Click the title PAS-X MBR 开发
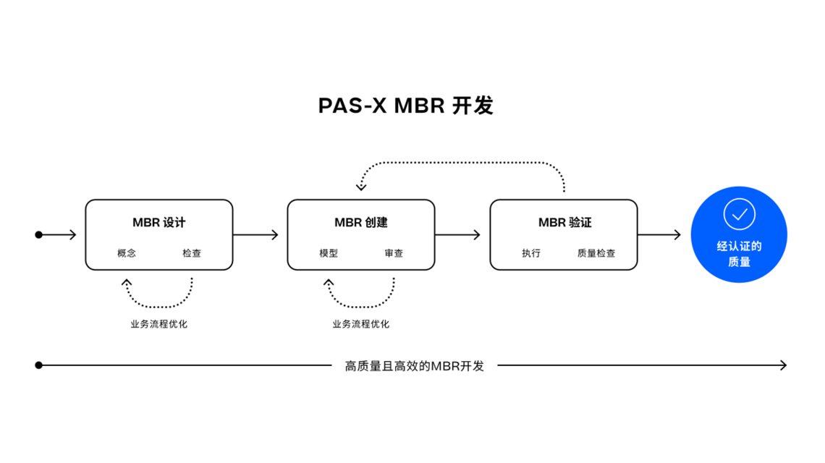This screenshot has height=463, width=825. pos(406,105)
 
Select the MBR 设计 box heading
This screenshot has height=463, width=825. pos(159,223)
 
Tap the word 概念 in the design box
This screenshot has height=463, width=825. pos(126,253)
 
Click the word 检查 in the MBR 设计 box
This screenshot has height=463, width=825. pos(192,253)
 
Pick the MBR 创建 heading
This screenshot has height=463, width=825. pos(361,223)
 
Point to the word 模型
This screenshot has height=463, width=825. pos(329,253)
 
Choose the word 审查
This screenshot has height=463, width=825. pos(394,253)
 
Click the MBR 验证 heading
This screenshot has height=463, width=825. pos(564,223)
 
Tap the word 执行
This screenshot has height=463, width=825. pos(531,253)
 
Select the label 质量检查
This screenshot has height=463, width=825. pos(596,253)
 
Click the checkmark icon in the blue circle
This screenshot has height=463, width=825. pos(739,214)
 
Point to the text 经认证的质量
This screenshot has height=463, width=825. pos(739,254)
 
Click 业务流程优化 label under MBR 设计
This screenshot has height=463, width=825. pos(159,324)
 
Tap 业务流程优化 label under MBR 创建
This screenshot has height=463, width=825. pos(361,324)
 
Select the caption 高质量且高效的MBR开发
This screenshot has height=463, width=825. pos(415,365)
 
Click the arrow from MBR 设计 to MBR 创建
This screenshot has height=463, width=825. pos(255,234)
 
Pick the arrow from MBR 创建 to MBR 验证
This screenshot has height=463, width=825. pos(458,234)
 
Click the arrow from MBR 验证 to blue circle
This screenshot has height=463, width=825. pos(659,234)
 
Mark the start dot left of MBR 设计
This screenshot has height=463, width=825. pos(38,234)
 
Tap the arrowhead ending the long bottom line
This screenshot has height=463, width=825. pos(784,365)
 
